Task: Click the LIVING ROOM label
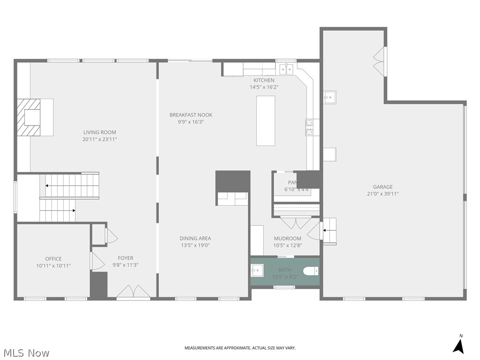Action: (99, 132)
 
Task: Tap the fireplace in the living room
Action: (33, 117)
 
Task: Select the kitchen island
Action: (265, 120)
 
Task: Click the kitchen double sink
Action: (286, 69)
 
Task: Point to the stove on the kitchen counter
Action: (310, 127)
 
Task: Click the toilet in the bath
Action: (311, 271)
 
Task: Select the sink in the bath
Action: (256, 270)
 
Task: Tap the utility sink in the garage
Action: (330, 97)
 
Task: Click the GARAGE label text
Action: (382, 187)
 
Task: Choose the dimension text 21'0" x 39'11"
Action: (382, 194)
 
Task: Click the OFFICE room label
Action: (53, 259)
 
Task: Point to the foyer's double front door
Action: (134, 292)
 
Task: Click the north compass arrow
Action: (459, 345)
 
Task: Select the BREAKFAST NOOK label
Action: (191, 115)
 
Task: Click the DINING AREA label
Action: (195, 238)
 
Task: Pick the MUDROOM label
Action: (287, 239)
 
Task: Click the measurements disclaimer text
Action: (240, 348)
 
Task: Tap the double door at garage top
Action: (379, 61)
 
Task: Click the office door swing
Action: (97, 261)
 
